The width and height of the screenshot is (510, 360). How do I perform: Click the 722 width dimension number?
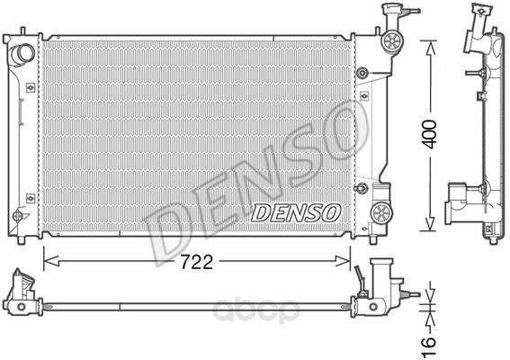[196, 261]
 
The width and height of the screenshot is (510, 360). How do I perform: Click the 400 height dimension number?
[430, 134]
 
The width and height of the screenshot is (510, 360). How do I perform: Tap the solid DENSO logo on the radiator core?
[295, 213]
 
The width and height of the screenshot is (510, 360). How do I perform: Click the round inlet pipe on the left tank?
[22, 54]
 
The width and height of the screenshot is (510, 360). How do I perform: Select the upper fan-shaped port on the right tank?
[392, 41]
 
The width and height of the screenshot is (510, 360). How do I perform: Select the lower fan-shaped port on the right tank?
[382, 213]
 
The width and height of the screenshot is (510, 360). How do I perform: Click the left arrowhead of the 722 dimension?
[51, 261]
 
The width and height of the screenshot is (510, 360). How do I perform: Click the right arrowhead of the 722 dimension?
[343, 261]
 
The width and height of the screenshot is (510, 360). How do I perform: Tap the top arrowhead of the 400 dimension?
[430, 48]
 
